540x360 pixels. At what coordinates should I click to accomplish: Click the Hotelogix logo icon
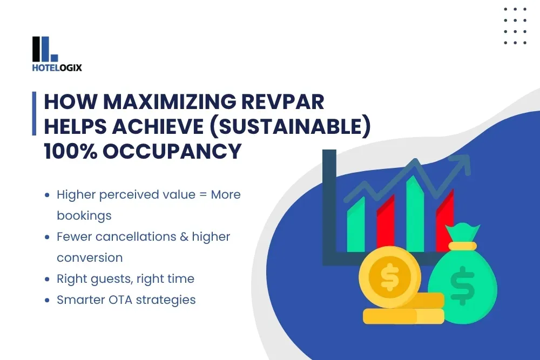tap(45, 49)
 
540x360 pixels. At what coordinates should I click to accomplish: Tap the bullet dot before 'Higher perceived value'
tap(48, 195)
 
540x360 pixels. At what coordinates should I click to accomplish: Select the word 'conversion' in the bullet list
tap(90, 257)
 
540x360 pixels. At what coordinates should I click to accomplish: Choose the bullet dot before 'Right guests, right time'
tap(48, 279)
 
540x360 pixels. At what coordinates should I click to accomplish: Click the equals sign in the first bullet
tap(203, 194)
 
